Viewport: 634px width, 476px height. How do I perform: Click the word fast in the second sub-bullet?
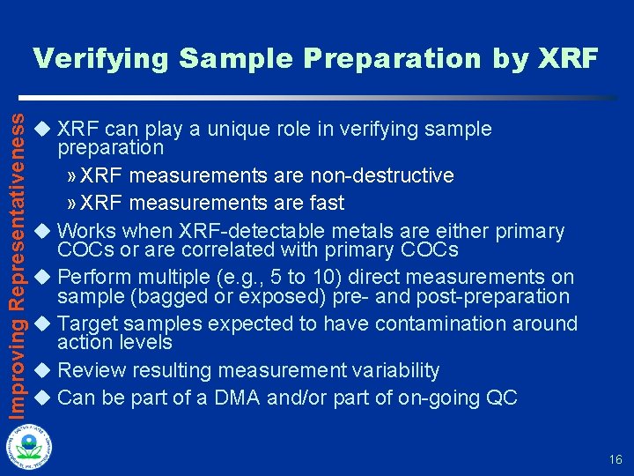pos(326,203)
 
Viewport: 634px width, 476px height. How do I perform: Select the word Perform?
pos(92,278)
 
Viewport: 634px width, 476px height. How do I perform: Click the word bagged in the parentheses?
pos(146,296)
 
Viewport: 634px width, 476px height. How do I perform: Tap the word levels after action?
pos(149,342)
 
